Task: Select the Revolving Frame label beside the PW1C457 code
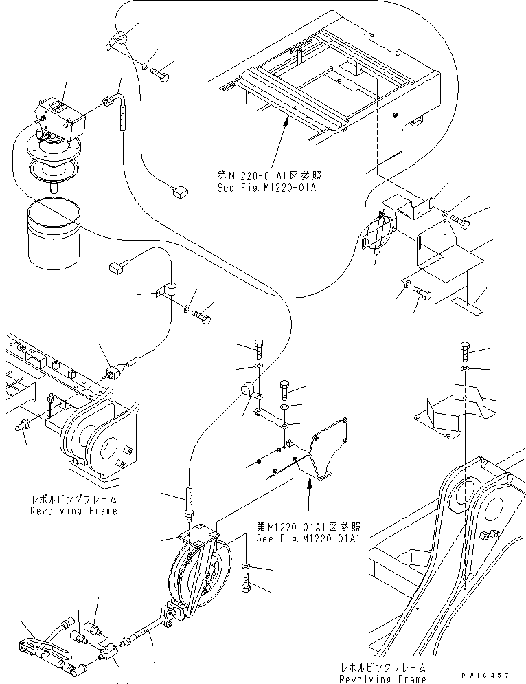tap(382, 673)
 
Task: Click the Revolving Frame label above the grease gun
tap(73, 505)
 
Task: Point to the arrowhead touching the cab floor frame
tap(284, 120)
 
